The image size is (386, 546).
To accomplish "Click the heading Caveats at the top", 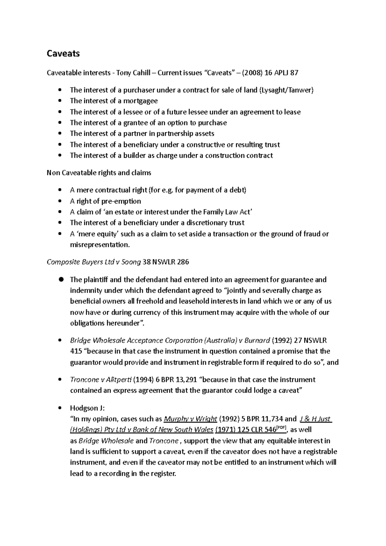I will [63, 53].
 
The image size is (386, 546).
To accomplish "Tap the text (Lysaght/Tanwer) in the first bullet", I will [286, 90].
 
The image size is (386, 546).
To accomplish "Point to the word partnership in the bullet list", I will [175, 133].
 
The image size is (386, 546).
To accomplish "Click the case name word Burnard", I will [257, 340].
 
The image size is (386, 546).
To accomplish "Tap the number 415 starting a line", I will [76, 351].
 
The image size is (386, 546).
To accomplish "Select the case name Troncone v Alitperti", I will [101, 380].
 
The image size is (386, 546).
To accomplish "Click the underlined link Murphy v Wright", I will [190, 419].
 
